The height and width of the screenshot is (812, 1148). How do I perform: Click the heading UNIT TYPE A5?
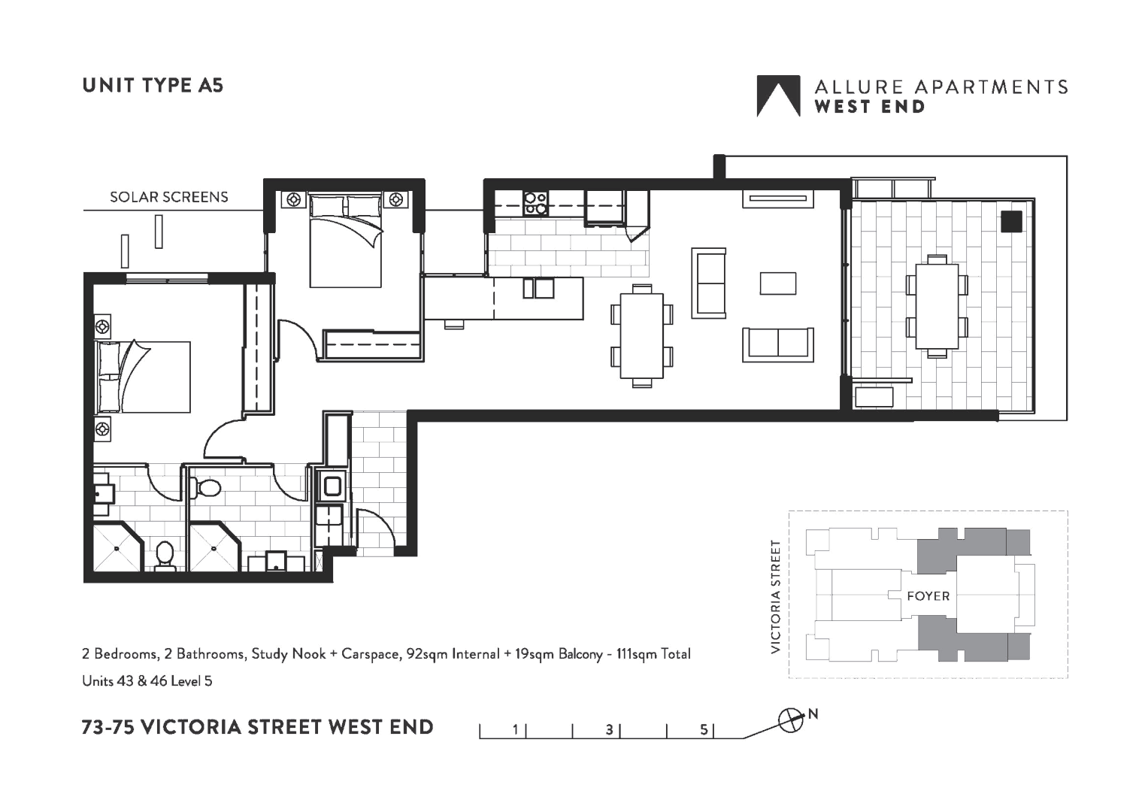click(153, 85)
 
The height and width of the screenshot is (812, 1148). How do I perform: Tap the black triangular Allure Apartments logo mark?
click(777, 96)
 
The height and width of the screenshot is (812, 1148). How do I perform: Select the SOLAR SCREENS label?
click(168, 197)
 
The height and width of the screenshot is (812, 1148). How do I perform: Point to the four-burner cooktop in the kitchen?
click(535, 203)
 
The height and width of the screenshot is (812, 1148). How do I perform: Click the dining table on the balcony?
click(937, 306)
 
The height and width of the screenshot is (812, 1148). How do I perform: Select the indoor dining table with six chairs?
click(641, 335)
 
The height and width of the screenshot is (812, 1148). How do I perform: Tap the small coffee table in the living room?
click(777, 283)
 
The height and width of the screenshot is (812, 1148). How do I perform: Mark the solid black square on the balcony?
click(1011, 222)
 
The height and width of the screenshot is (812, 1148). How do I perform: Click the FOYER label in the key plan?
click(928, 596)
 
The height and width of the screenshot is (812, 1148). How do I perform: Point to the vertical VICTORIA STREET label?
click(776, 596)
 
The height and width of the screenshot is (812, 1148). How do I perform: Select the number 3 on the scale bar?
click(610, 729)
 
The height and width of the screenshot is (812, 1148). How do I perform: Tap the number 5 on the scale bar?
click(704, 729)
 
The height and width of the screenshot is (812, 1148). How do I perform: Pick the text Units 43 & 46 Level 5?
click(147, 681)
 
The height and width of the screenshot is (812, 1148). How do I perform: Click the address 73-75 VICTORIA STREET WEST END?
click(257, 727)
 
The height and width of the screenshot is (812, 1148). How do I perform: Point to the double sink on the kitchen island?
click(538, 288)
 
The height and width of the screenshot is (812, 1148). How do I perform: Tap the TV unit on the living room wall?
click(778, 199)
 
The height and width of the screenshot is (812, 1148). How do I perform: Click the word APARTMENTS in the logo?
click(989, 86)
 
